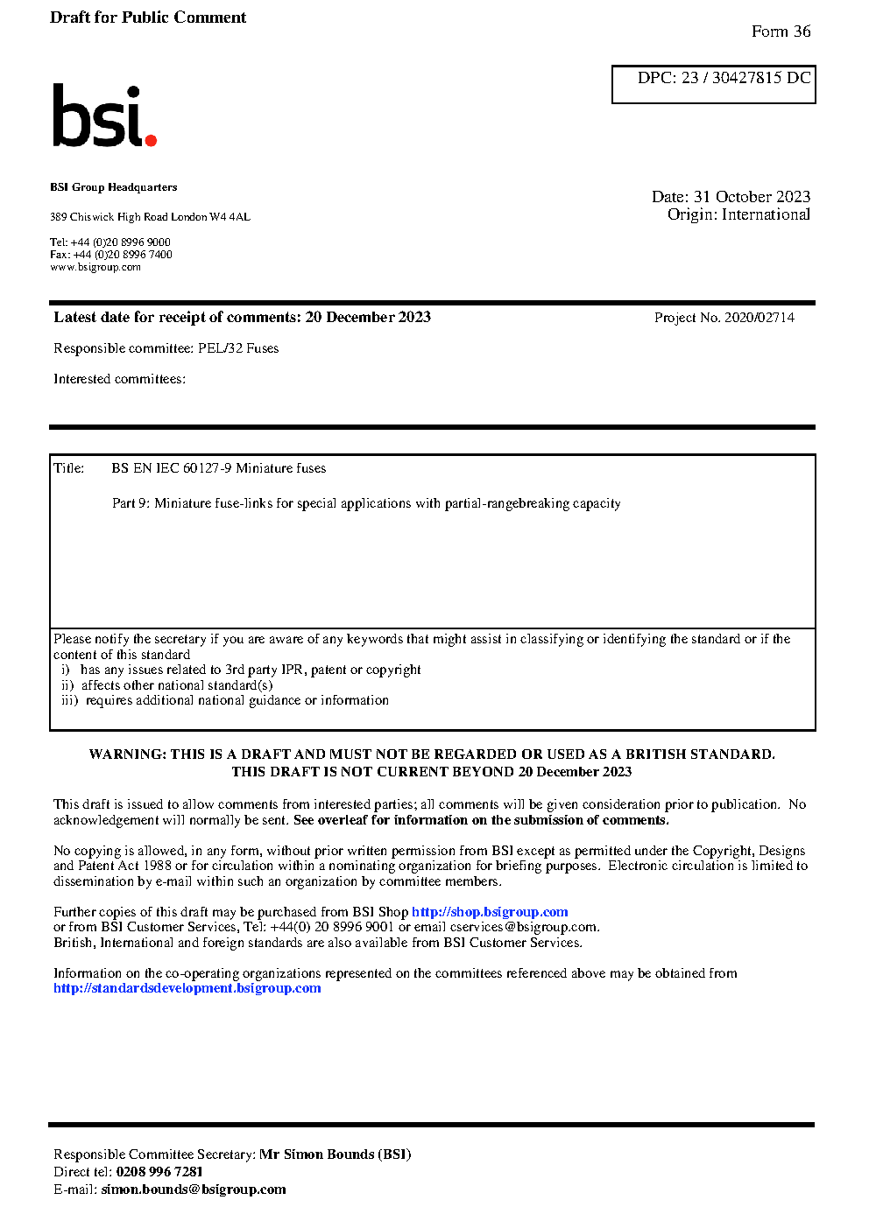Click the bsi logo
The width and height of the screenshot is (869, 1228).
(x=103, y=116)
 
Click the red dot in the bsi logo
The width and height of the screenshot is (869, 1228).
(x=151, y=139)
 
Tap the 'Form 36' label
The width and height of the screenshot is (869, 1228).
(x=781, y=32)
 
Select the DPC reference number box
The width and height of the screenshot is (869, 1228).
(x=713, y=84)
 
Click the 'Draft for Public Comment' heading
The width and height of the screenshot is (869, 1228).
(x=148, y=18)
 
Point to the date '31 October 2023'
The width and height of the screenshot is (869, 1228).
(x=752, y=197)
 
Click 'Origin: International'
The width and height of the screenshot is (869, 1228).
(x=738, y=214)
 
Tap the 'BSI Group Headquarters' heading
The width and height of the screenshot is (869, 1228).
(x=113, y=187)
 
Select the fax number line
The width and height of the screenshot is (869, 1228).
(x=111, y=255)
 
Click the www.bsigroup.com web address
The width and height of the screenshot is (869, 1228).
(x=95, y=267)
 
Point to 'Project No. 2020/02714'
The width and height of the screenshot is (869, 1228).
(x=724, y=318)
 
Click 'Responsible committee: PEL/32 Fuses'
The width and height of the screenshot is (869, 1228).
(x=166, y=348)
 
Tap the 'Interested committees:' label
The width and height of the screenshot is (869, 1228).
(x=119, y=379)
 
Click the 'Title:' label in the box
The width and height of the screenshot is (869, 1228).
(x=69, y=468)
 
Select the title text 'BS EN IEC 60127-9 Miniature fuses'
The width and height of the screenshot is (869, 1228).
(x=218, y=468)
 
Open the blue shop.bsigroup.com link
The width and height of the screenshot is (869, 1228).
(x=490, y=912)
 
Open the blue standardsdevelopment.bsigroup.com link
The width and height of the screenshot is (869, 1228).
(x=187, y=988)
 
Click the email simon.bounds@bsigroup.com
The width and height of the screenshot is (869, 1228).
(x=193, y=1189)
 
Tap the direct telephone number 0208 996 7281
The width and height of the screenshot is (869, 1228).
(x=159, y=1172)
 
